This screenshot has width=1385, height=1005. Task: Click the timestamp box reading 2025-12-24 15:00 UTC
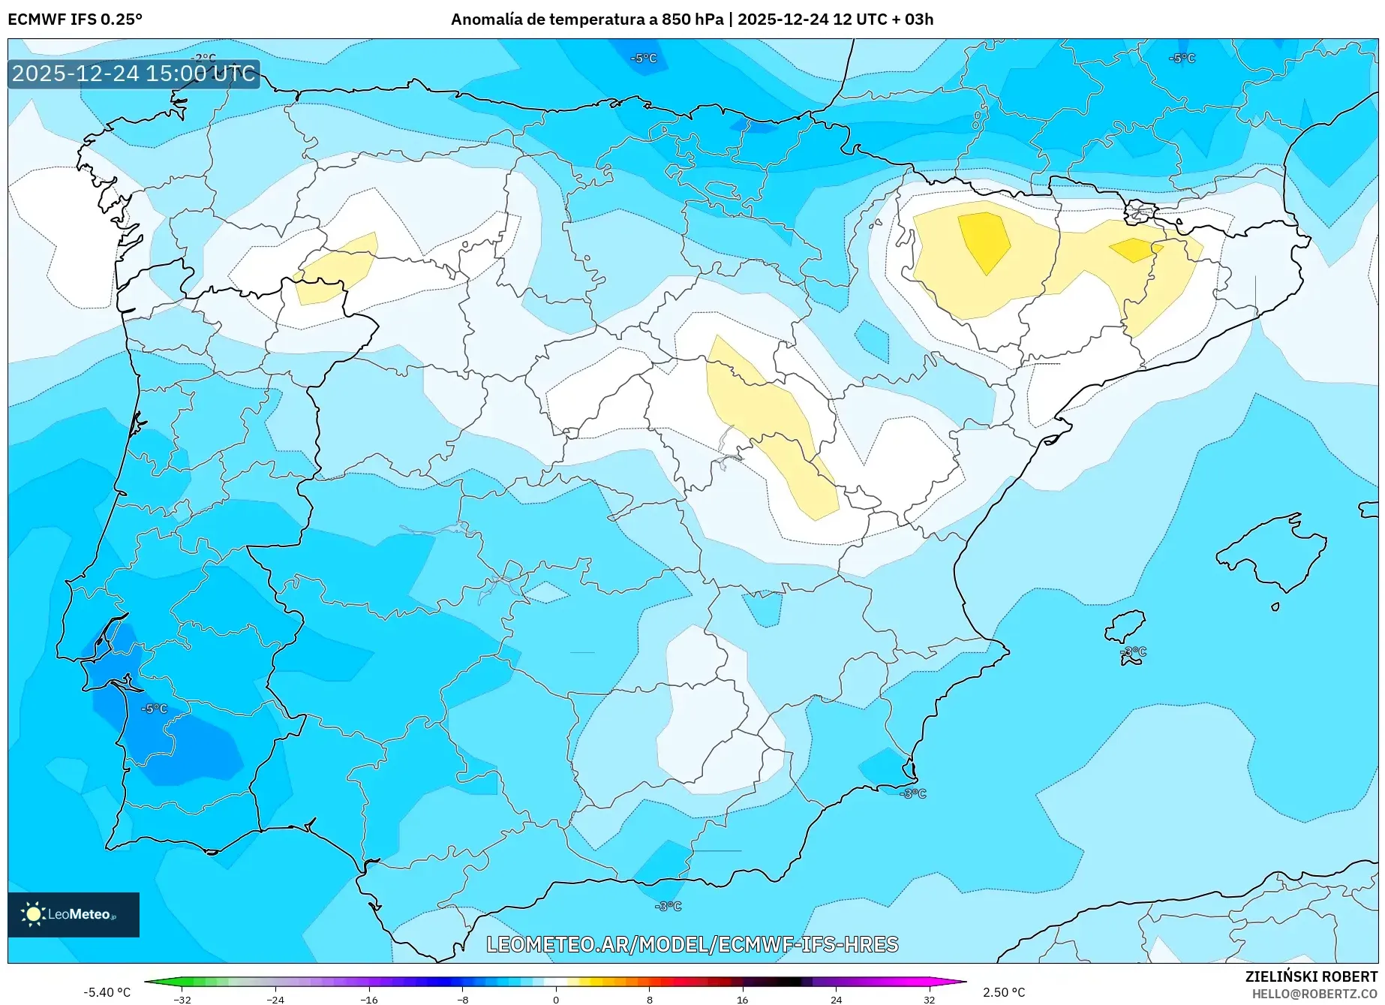(x=134, y=74)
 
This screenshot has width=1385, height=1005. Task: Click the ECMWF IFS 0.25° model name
(x=75, y=20)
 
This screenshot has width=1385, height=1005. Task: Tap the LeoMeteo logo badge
(x=73, y=914)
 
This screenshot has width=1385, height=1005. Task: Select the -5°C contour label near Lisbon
(x=155, y=709)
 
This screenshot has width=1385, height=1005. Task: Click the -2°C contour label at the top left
(x=203, y=58)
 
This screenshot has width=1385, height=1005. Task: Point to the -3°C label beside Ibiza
(x=1134, y=651)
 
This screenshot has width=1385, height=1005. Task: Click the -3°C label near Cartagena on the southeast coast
(x=913, y=793)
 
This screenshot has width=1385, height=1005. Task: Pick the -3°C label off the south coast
(x=668, y=906)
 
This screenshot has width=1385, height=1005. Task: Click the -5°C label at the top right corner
(x=1182, y=58)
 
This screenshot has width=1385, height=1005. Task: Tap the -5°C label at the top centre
(x=644, y=58)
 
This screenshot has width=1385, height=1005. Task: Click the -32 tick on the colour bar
(x=182, y=999)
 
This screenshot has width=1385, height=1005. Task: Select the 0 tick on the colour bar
(x=556, y=999)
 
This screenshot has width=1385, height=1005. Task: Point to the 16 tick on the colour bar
(x=742, y=999)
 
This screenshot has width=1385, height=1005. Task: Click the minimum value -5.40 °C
(x=107, y=992)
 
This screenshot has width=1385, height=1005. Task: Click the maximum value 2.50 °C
(x=1004, y=992)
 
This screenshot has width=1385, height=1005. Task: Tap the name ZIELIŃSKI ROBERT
(x=1311, y=976)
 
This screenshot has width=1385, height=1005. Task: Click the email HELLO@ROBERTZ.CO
(x=1314, y=994)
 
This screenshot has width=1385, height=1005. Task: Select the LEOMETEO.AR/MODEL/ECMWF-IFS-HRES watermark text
(x=692, y=944)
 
